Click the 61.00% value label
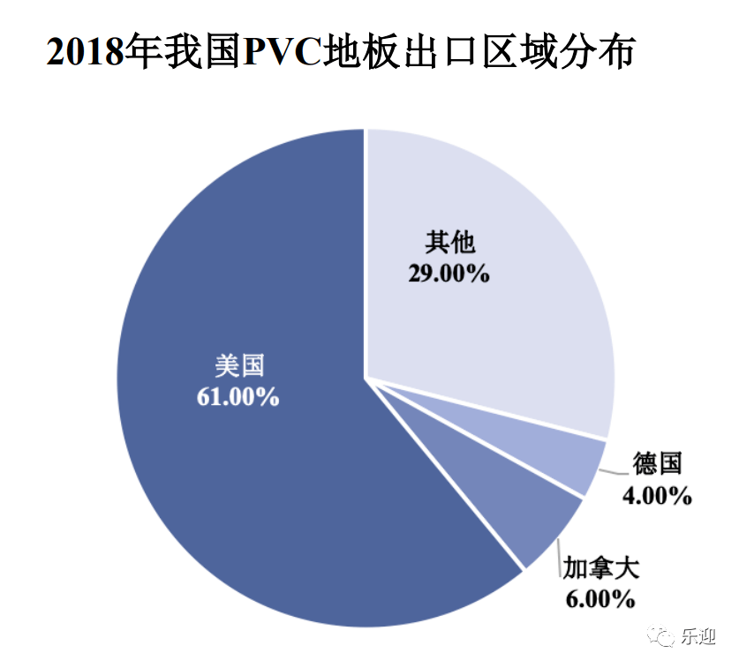238,396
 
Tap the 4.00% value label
656,496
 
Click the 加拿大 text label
601,567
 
